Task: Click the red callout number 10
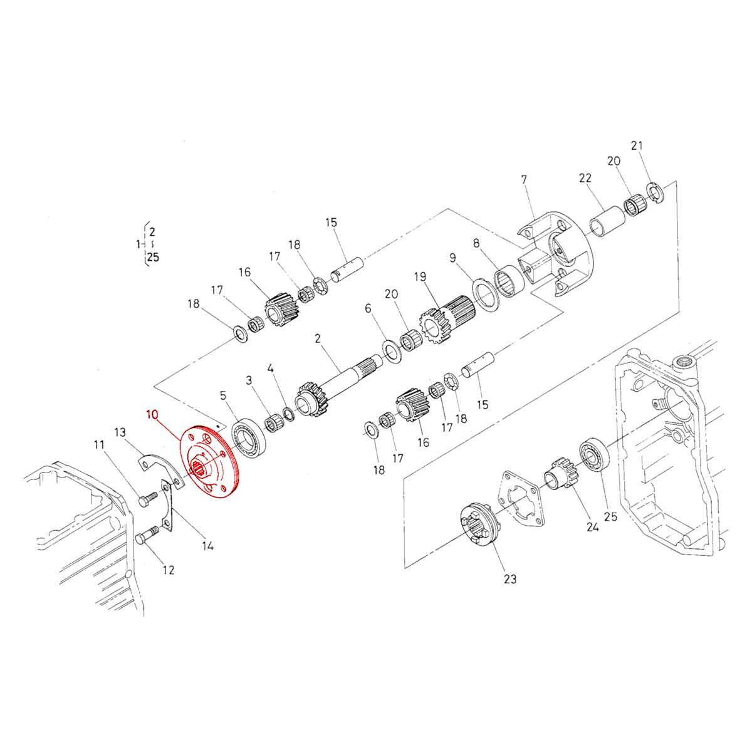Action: (x=152, y=414)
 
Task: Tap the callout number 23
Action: (x=510, y=579)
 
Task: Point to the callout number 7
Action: (x=524, y=180)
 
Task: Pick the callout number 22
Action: (x=585, y=179)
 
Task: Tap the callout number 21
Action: (x=637, y=146)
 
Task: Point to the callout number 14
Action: (x=208, y=546)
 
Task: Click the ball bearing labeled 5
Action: (x=250, y=437)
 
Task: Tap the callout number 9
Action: (x=452, y=257)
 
